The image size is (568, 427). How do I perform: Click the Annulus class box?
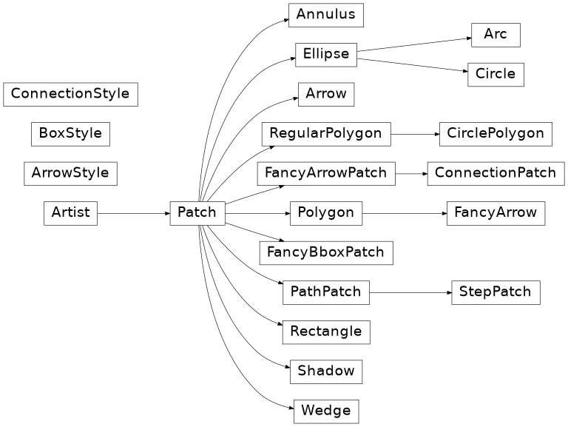[x=325, y=15]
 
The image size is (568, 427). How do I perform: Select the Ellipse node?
[x=325, y=54]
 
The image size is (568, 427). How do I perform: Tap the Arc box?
[x=495, y=35]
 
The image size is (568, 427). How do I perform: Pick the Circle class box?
[x=496, y=74]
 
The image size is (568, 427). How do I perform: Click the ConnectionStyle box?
[x=70, y=94]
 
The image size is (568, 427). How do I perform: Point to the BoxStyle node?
[x=70, y=134]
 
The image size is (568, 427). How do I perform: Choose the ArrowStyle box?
[x=70, y=173]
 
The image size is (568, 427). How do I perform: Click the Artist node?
[x=70, y=212]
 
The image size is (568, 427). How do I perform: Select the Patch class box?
[x=197, y=213]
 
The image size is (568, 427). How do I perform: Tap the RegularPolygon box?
[x=325, y=134]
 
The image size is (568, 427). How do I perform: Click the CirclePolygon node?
[x=496, y=134]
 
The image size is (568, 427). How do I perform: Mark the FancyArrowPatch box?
[x=325, y=173]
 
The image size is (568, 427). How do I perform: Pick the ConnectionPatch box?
[x=496, y=173]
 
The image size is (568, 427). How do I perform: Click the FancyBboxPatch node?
[x=325, y=252]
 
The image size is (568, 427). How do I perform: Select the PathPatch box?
[x=325, y=292]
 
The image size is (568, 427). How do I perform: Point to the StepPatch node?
[x=496, y=292]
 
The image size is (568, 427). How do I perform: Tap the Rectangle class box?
[x=325, y=332]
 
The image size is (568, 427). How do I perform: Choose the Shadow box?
[x=325, y=371]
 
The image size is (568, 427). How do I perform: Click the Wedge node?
[x=325, y=410]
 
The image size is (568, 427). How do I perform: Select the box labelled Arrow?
[x=325, y=94]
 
